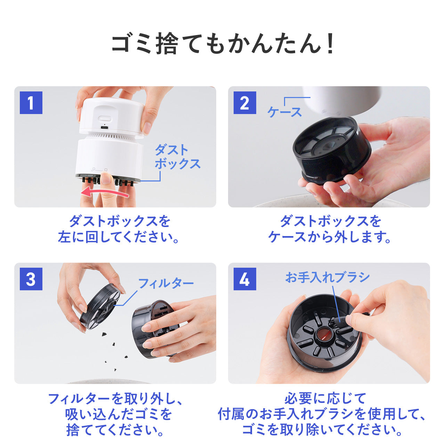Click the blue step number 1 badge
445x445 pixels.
31,103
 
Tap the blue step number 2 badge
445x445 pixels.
245,103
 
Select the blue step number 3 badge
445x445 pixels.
31,279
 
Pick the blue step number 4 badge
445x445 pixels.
245,279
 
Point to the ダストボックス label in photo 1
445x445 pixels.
177,157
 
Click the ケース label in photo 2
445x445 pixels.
285,112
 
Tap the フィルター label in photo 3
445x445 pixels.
166,283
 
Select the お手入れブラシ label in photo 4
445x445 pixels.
327,277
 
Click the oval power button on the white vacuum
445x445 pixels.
104,119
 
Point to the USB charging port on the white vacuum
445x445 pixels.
104,127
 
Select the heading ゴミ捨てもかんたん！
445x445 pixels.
222,44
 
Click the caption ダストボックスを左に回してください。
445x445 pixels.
119,229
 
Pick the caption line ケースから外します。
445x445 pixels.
330,237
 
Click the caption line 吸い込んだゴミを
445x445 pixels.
119,414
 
